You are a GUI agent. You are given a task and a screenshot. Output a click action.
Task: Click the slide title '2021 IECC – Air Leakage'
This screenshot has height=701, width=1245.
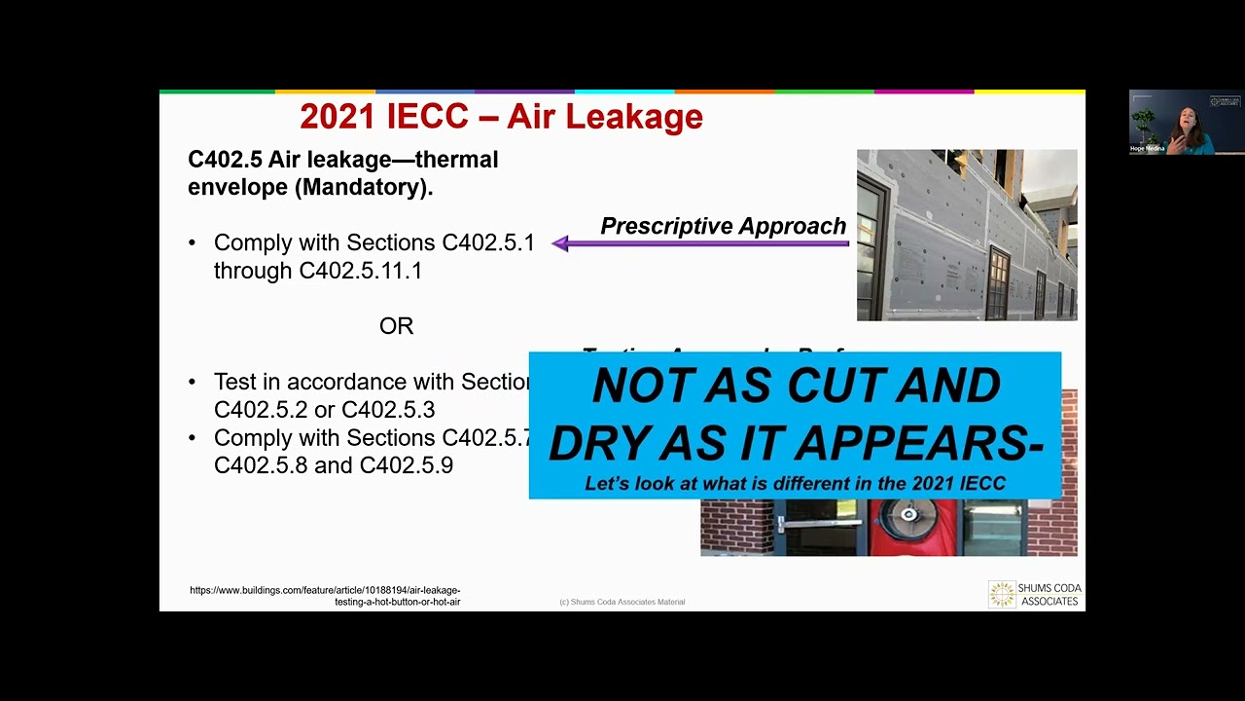(501, 117)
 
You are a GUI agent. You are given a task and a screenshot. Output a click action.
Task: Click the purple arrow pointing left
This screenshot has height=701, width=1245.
(699, 243)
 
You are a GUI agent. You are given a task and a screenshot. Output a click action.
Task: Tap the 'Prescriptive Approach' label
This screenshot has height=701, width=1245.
(723, 226)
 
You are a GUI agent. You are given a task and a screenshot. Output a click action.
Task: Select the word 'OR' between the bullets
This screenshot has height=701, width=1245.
(396, 326)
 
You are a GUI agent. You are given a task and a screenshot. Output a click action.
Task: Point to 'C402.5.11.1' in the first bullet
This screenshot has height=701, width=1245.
(361, 271)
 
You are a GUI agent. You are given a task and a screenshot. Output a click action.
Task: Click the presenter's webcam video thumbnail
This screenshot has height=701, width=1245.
(1186, 122)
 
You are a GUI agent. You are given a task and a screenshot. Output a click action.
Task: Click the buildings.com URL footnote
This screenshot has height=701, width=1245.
(325, 596)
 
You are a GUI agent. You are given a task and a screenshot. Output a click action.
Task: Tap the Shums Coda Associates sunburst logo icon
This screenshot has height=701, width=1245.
(1001, 595)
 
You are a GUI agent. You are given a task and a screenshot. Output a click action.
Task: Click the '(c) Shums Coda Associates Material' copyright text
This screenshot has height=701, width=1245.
(622, 602)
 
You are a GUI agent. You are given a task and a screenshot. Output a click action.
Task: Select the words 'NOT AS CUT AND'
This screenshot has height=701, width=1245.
(796, 387)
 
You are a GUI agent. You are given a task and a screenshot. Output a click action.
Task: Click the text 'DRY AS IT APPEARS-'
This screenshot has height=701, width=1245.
(796, 443)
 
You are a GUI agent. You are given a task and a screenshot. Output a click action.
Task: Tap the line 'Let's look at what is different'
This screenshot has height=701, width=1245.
(795, 483)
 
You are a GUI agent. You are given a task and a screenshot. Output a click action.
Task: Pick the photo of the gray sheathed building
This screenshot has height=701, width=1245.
(966, 235)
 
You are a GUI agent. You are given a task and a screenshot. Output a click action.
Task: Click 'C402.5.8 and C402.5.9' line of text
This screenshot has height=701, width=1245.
(334, 465)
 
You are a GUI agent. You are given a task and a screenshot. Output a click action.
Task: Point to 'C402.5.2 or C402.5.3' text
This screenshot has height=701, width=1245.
(324, 410)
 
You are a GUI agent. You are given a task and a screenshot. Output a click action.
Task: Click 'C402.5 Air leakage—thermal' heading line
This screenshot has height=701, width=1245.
(342, 160)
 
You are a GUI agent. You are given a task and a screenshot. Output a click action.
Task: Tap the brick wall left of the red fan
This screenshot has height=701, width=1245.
(736, 527)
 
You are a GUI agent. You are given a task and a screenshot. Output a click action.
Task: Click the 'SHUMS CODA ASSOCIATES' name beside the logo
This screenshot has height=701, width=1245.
(1049, 595)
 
